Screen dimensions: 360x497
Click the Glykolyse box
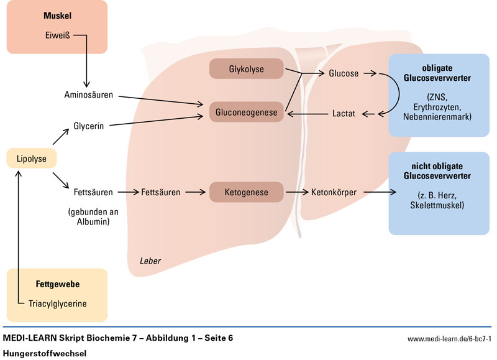[247, 69]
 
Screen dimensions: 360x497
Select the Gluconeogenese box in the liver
[247, 113]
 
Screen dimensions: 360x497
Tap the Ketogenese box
[247, 192]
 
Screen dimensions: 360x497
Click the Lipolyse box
[31, 159]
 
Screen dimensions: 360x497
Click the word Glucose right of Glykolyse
[343, 73]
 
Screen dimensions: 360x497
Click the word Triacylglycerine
[57, 304]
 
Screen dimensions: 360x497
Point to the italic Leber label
[150, 261]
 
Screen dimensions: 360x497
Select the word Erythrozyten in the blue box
[437, 108]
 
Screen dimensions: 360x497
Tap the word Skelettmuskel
[437, 205]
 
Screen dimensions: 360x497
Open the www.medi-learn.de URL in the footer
[449, 338]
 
